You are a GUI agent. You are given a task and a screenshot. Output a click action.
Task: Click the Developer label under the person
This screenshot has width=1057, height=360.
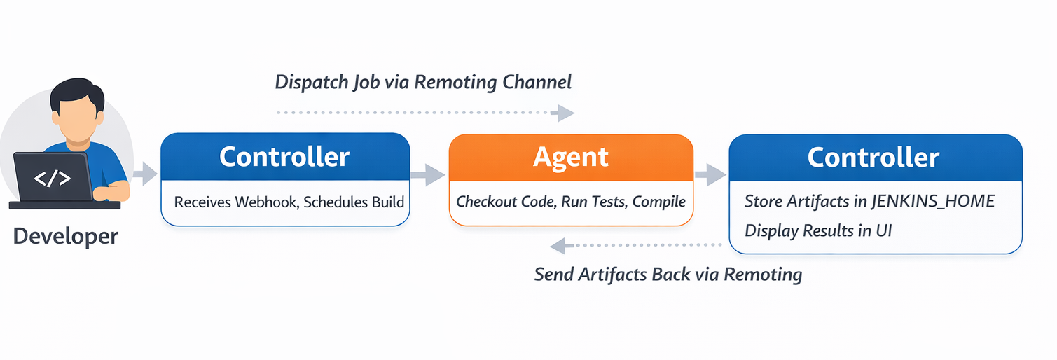(66, 236)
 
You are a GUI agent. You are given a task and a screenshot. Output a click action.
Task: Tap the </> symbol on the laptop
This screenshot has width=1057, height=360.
(53, 179)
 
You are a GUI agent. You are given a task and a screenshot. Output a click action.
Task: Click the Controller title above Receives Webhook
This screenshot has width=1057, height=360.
(284, 157)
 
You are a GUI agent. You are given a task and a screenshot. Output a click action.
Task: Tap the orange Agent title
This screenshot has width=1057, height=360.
(571, 157)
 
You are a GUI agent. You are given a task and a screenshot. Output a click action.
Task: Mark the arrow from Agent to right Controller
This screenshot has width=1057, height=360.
(710, 175)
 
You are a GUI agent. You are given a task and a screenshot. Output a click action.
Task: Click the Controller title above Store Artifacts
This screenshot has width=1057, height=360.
(873, 157)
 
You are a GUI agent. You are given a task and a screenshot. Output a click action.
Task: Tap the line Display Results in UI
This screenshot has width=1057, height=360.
(817, 230)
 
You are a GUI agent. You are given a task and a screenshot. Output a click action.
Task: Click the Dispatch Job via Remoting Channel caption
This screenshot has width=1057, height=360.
(423, 82)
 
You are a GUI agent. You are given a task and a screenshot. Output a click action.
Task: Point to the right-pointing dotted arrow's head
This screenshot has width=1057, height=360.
(565, 112)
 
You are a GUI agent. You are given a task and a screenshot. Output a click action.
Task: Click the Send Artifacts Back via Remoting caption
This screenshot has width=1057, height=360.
(668, 274)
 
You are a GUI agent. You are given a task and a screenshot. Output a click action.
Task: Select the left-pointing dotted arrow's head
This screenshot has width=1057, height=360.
(558, 245)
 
